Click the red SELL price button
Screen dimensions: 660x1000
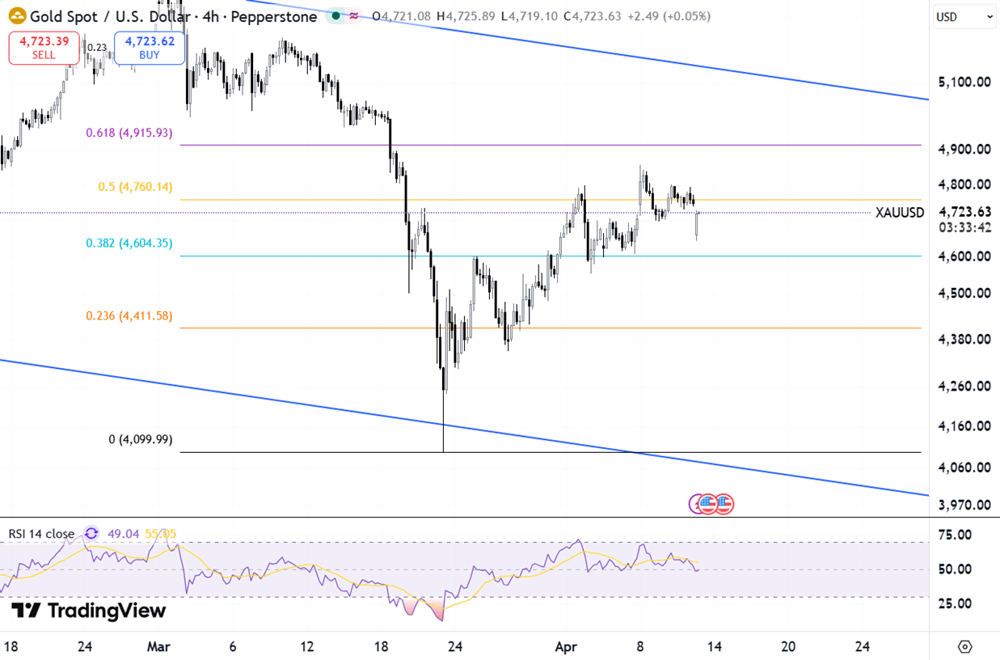point(44,48)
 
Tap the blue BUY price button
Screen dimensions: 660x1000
point(150,48)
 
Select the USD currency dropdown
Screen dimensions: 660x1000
point(964,16)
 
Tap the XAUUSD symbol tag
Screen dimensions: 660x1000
point(900,213)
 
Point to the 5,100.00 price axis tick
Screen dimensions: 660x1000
point(964,82)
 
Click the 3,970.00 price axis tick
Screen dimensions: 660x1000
point(964,505)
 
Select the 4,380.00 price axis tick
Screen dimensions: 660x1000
point(964,338)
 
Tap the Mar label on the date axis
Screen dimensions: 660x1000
point(159,646)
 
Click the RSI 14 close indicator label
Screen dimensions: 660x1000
point(41,534)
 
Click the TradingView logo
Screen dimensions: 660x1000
point(88,611)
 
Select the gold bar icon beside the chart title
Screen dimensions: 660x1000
point(16,16)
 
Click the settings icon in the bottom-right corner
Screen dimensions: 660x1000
point(964,646)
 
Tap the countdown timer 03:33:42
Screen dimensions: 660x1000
point(964,227)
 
